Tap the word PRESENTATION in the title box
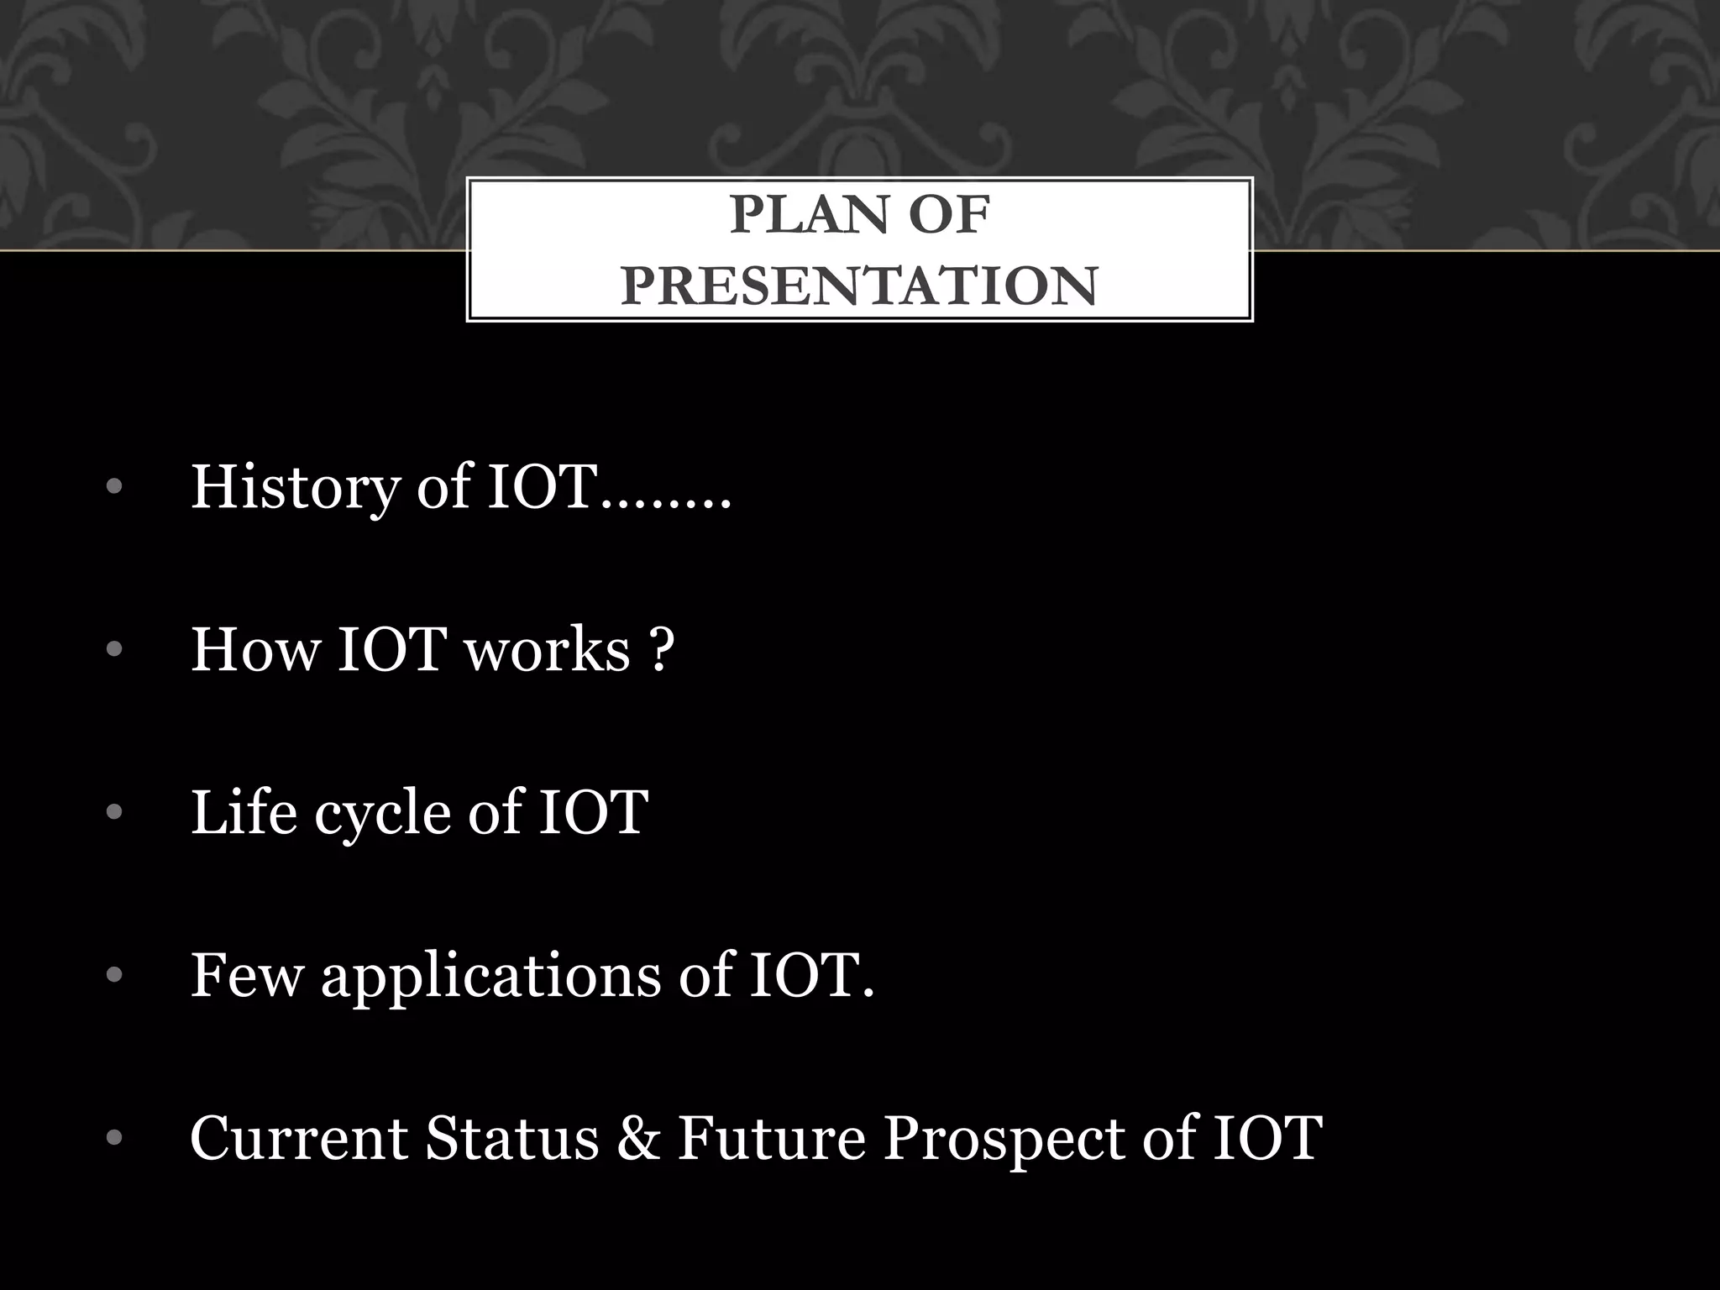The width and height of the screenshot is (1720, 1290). (859, 286)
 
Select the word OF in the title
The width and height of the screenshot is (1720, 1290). (950, 215)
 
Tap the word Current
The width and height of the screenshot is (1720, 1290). (299, 1138)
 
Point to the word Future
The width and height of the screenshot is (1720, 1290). (771, 1138)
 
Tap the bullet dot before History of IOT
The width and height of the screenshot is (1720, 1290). (115, 487)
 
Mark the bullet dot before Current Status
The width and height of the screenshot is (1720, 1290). (115, 1139)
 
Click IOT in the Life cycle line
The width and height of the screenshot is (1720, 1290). (593, 812)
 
